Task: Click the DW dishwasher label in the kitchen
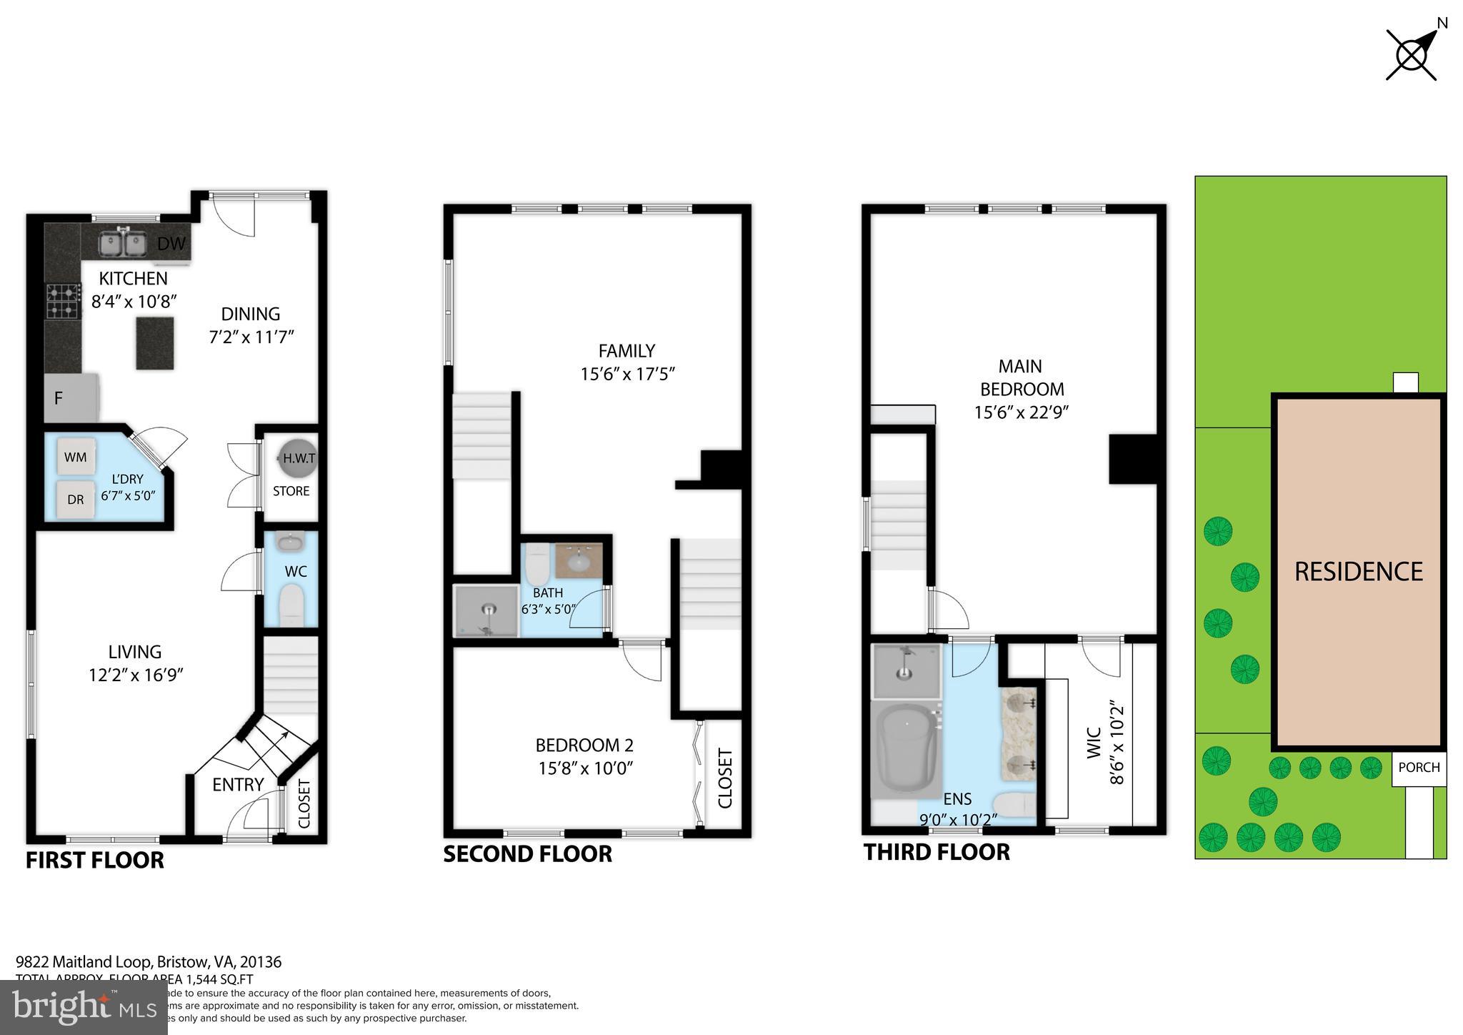click(171, 244)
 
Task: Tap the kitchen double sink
click(122, 243)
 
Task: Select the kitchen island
click(155, 343)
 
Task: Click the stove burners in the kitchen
click(63, 301)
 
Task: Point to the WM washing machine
click(76, 457)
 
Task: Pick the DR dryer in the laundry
click(76, 500)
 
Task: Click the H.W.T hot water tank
click(299, 459)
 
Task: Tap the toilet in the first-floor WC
click(291, 605)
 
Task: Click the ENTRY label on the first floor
click(238, 785)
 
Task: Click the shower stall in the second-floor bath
click(486, 611)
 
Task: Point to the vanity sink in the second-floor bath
click(579, 561)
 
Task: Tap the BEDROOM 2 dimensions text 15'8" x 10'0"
click(585, 768)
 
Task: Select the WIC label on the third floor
click(1092, 743)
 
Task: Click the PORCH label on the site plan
click(1419, 767)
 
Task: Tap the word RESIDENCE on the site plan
click(1358, 572)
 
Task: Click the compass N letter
click(1442, 23)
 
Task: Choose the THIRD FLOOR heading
click(937, 852)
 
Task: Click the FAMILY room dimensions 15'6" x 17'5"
click(627, 374)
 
